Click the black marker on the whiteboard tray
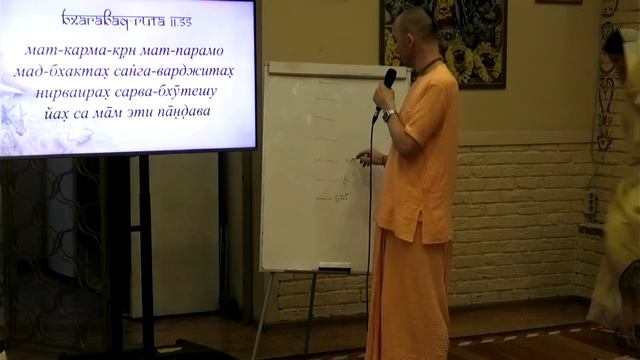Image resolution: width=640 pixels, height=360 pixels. (335, 265)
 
